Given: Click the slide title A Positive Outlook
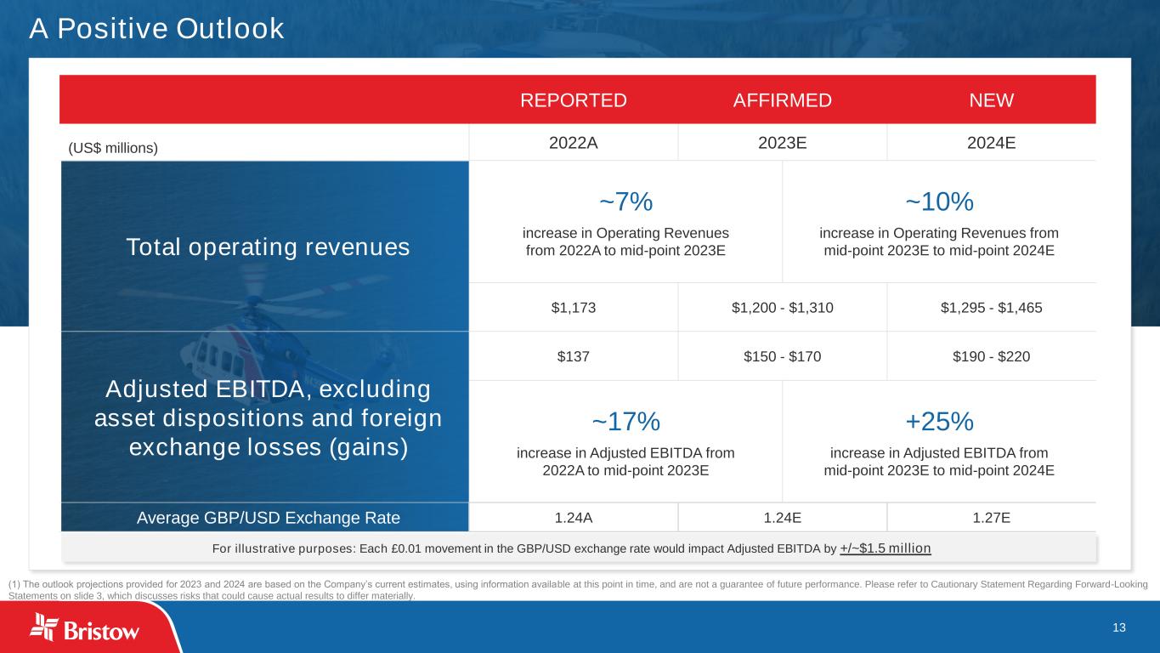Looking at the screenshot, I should coord(156,29).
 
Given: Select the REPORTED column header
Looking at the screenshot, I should coord(574,100).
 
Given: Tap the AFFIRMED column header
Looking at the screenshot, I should coord(782,100).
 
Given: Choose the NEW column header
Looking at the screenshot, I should coord(991,100).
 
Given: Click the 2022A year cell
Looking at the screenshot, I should coord(574,143).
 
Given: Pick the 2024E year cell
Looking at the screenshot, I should coord(991,143).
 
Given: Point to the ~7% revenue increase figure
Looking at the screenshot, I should coord(625,202).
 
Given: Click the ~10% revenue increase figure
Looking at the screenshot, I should coord(939,202).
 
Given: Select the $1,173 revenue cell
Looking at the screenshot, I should coord(574,308).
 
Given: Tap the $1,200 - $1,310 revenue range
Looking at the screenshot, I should coord(782,308).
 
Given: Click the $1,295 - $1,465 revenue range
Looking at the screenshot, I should coord(991,308).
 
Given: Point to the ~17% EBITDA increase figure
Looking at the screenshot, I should coord(625,422).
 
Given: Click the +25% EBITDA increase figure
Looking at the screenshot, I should coord(939,422).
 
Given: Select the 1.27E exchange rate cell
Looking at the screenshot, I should coord(991,517).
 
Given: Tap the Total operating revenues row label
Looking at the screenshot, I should coord(268,247).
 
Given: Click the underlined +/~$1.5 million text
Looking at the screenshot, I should coord(885,548).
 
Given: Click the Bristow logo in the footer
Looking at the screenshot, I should coord(85,629).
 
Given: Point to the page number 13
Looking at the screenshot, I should coord(1118,628).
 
